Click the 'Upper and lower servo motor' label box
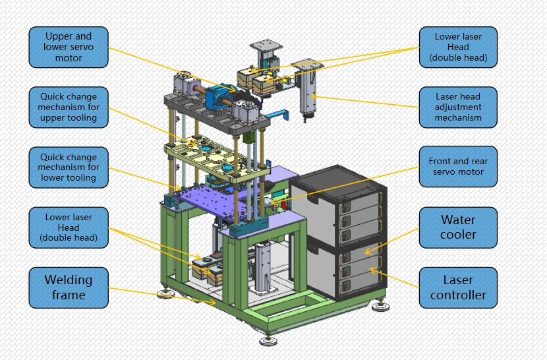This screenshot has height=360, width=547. tap(69, 47)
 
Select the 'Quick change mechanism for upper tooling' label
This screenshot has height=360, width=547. tap(69, 107)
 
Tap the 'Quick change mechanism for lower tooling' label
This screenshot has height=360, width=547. tap(69, 167)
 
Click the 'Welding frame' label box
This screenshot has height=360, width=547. tap(69, 287)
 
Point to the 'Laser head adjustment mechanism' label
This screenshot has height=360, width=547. tap(458, 107)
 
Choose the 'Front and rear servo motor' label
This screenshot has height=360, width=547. tap(458, 167)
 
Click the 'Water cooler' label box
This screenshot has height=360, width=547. tap(458, 227)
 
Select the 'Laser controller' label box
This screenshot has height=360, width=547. tap(458, 287)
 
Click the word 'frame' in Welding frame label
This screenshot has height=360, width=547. tap(69, 295)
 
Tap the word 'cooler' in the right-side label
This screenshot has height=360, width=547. tap(458, 235)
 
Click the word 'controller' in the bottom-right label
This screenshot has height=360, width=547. tap(458, 295)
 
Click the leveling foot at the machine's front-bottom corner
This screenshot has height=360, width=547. tap(268, 340)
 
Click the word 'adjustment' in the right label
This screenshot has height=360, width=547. tap(459, 107)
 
